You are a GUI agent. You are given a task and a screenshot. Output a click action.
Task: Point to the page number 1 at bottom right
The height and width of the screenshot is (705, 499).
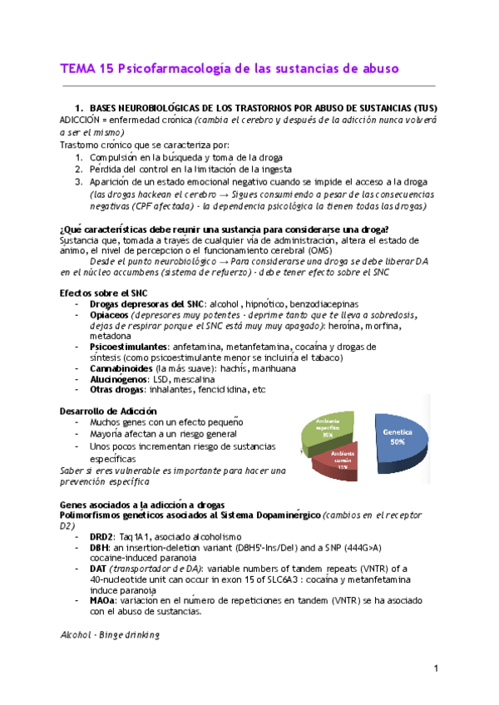coord(435,668)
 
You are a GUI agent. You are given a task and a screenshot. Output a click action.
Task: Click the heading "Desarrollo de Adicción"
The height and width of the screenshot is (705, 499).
coord(108,411)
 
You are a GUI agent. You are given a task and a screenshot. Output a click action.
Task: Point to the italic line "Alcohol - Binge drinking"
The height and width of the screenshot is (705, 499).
coord(110,634)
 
